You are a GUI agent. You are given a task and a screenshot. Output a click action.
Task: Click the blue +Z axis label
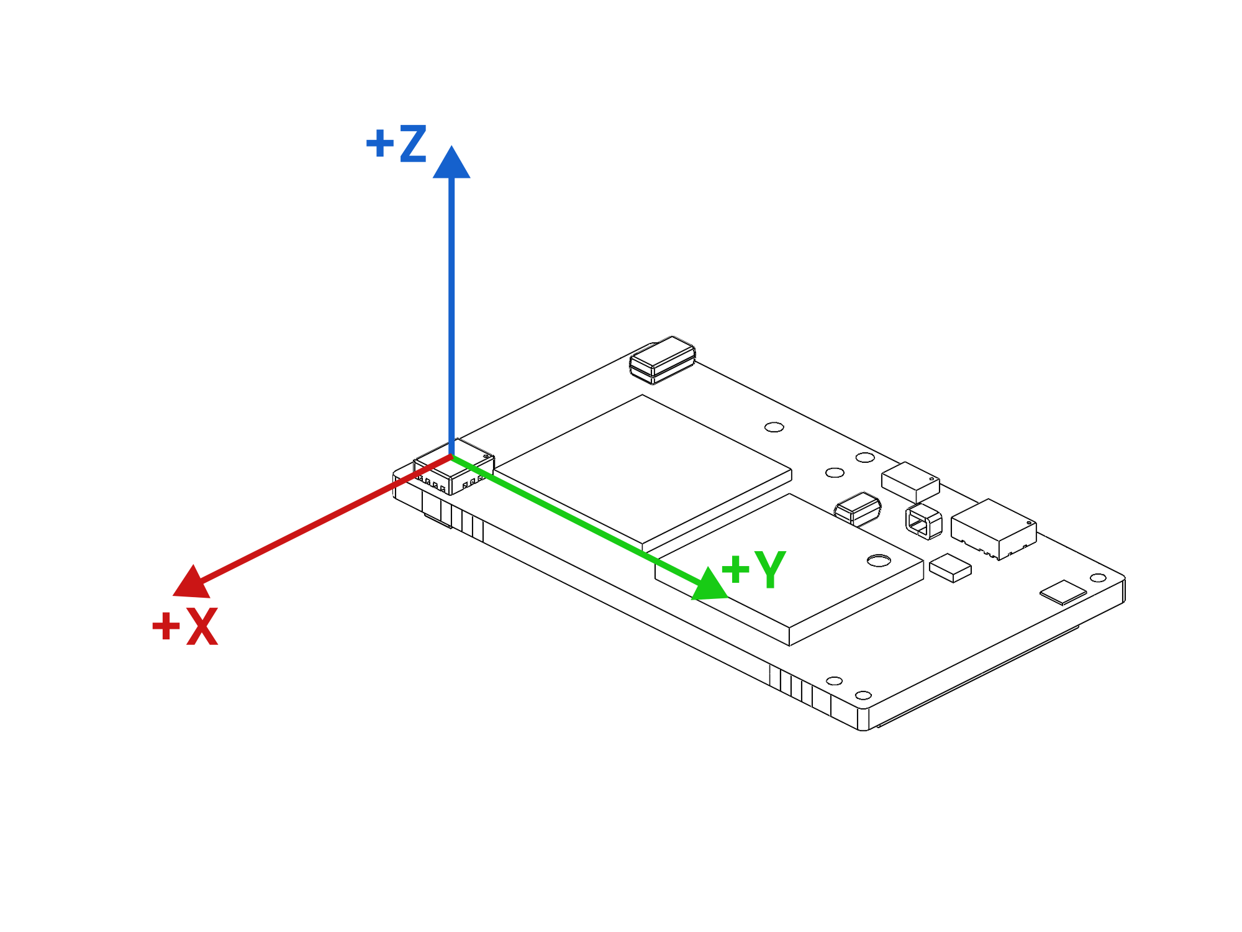coord(396,144)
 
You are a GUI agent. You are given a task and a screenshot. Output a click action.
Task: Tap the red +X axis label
coord(185,626)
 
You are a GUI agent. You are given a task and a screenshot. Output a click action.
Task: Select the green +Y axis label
coord(754,569)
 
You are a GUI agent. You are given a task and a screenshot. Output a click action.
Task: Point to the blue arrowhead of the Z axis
coord(451,163)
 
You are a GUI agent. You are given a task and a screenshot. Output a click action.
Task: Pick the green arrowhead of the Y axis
coord(709,585)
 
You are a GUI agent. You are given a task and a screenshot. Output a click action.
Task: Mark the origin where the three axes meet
coord(451,457)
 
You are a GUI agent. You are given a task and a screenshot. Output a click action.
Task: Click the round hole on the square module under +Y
coord(879,560)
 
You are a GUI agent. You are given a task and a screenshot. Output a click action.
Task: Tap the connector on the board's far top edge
coord(662,360)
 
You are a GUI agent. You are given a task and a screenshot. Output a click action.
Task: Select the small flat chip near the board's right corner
coord(1063,592)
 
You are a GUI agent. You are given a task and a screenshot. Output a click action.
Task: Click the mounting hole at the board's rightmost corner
coord(1098,578)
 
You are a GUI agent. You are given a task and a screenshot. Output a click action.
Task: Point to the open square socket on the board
coord(923,521)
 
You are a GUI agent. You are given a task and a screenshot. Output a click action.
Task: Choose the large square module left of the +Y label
coord(643,472)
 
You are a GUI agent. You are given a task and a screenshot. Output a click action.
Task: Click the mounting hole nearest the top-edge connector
coord(774,427)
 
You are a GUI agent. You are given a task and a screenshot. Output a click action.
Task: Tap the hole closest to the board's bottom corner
coord(863,695)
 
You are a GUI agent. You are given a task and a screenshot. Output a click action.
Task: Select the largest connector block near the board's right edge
coord(993,528)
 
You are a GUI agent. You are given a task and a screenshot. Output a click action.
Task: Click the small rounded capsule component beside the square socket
coord(858,509)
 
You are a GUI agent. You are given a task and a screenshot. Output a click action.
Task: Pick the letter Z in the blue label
coord(413,144)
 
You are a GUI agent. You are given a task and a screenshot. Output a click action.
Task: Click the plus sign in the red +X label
coord(166,626)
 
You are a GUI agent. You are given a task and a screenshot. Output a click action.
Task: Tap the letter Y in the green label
coord(771,569)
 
